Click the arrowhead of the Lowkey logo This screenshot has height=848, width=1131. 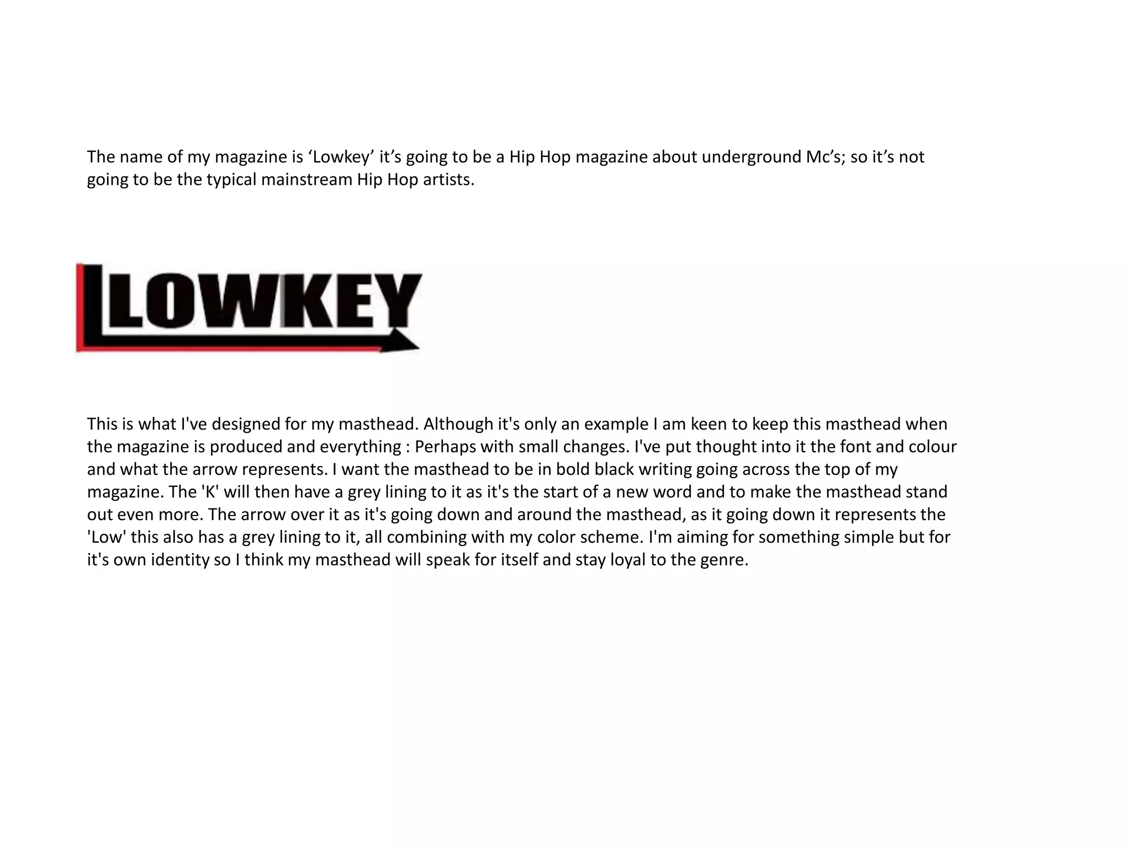tap(405, 342)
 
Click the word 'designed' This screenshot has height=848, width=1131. tap(246, 424)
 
